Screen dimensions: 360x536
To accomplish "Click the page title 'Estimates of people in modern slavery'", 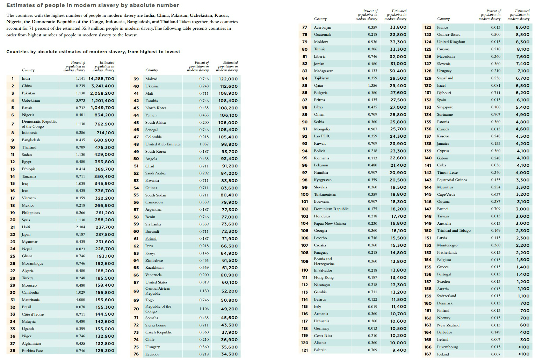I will pos(93,5).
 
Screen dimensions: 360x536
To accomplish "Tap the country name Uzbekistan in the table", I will pos(31,101).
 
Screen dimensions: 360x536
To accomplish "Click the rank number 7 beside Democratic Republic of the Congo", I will pos(13,124).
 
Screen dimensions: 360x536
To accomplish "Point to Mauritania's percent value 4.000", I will pos(80,300).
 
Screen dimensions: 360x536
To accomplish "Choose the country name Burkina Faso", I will pos(32,351).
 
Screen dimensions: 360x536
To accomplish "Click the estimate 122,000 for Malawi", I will pos(228,79).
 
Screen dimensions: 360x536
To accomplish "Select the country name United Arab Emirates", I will pos(163,144).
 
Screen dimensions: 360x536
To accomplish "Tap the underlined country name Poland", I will pos(151,239).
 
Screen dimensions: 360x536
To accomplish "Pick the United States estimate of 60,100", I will pos(230,282).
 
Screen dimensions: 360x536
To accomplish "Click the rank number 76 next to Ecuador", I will pos(136,354).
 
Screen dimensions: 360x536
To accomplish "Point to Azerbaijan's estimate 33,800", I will pos(398,27).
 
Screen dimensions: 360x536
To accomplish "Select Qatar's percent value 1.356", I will pos(372,85).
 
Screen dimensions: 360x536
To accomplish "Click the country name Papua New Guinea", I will pos(329,224).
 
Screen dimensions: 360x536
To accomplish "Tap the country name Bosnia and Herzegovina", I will pos(324,261).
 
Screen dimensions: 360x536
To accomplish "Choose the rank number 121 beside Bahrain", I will pos(305,350).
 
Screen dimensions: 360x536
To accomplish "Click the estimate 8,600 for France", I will pos(522,27).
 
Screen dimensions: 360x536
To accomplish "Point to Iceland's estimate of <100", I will pos(523,354).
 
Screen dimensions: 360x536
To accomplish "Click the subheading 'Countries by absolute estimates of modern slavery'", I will pos(94,52).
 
